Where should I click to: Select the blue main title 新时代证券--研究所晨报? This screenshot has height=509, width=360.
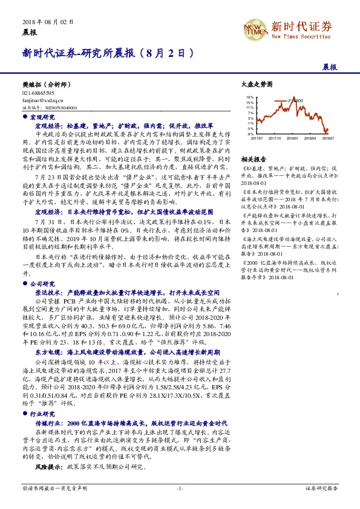pos(108,53)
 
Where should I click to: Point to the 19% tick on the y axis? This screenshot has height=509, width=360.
pos(250,97)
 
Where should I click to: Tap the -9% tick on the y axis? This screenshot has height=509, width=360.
pos(250,133)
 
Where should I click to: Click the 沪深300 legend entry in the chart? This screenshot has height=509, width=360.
pos(296,100)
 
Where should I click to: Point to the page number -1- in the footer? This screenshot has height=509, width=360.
pos(180,487)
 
